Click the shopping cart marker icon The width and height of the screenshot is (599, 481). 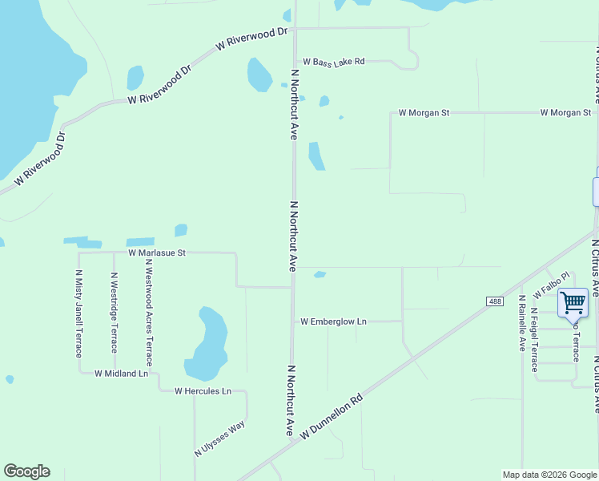(x=573, y=303)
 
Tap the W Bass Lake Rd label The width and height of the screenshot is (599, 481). (x=334, y=62)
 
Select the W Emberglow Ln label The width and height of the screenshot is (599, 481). (x=333, y=321)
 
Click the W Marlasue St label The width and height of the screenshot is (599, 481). (x=157, y=253)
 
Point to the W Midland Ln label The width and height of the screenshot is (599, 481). (x=122, y=374)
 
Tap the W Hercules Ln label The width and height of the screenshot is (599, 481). (x=203, y=391)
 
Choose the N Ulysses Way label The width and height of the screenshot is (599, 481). (x=219, y=439)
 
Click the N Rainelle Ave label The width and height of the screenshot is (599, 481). (x=521, y=323)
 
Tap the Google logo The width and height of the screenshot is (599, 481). (x=26, y=471)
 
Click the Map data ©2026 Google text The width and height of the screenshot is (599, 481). (x=549, y=475)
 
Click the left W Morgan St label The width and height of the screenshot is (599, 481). (x=424, y=113)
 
